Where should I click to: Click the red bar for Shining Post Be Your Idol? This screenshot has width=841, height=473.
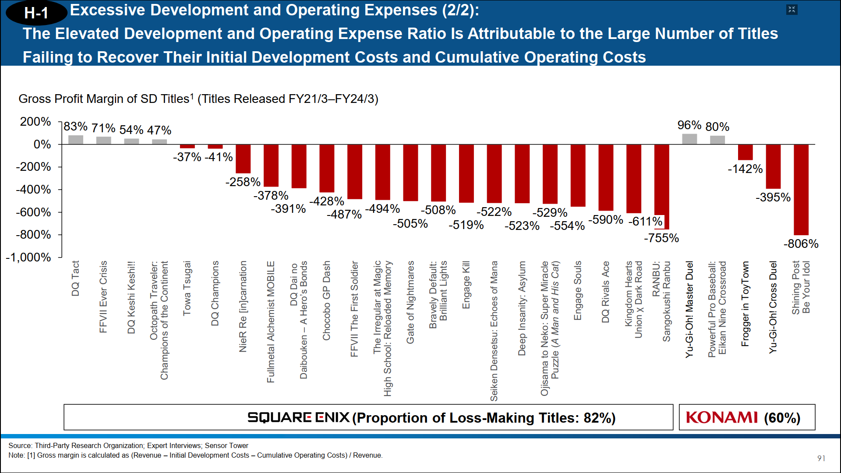tap(801, 190)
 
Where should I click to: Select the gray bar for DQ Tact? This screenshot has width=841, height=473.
tap(76, 140)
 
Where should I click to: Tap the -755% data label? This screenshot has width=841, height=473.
tap(661, 238)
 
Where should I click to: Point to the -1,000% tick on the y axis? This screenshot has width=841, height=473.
tap(28, 258)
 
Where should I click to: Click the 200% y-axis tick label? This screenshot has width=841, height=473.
tap(35, 122)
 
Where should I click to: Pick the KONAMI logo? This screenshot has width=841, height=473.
tap(721, 417)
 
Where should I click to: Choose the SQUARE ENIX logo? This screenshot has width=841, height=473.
tap(298, 417)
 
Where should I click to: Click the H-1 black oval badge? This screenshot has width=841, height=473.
tap(36, 13)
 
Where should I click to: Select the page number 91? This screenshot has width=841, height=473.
tap(821, 458)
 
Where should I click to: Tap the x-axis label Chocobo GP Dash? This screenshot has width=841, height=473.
tap(327, 300)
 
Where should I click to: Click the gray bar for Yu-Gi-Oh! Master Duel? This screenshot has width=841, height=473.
tap(689, 139)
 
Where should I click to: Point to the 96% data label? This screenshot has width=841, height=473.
tap(689, 125)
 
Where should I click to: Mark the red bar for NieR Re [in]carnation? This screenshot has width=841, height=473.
tap(243, 159)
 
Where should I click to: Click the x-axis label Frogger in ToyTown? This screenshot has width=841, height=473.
tap(745, 304)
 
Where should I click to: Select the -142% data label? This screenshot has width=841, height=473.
tap(745, 169)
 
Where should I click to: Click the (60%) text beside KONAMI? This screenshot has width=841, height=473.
tap(782, 418)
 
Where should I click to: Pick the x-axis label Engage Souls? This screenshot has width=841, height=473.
tap(578, 290)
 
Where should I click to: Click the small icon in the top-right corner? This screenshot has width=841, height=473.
tap(792, 10)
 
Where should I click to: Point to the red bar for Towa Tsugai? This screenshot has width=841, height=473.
tap(187, 146)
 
